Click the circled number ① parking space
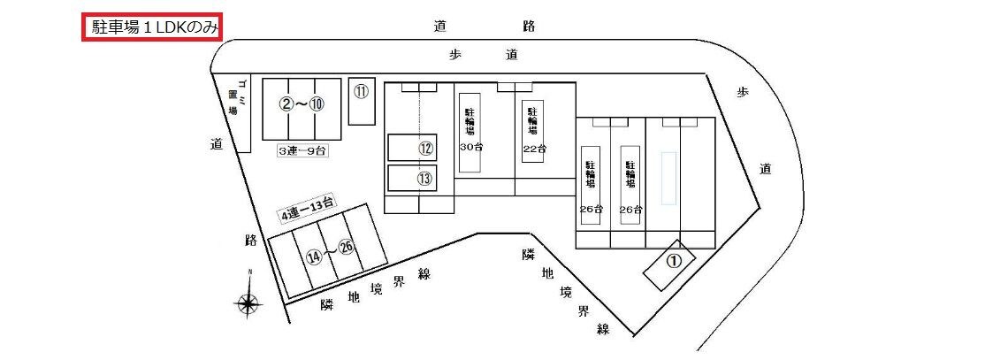[x=673, y=261]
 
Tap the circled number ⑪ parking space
[x=361, y=91]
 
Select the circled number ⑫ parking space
[x=425, y=149]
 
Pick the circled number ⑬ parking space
[x=425, y=178]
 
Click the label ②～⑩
[x=301, y=104]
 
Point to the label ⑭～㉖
[x=330, y=255]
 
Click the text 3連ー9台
[x=303, y=151]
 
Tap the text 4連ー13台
[x=308, y=212]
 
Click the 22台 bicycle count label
[x=534, y=148]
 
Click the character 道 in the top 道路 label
[x=439, y=26]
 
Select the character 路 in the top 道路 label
[x=529, y=26]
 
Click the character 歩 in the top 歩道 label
[x=455, y=54]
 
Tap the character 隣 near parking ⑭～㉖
[x=326, y=305]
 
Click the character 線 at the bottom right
[x=604, y=329]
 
